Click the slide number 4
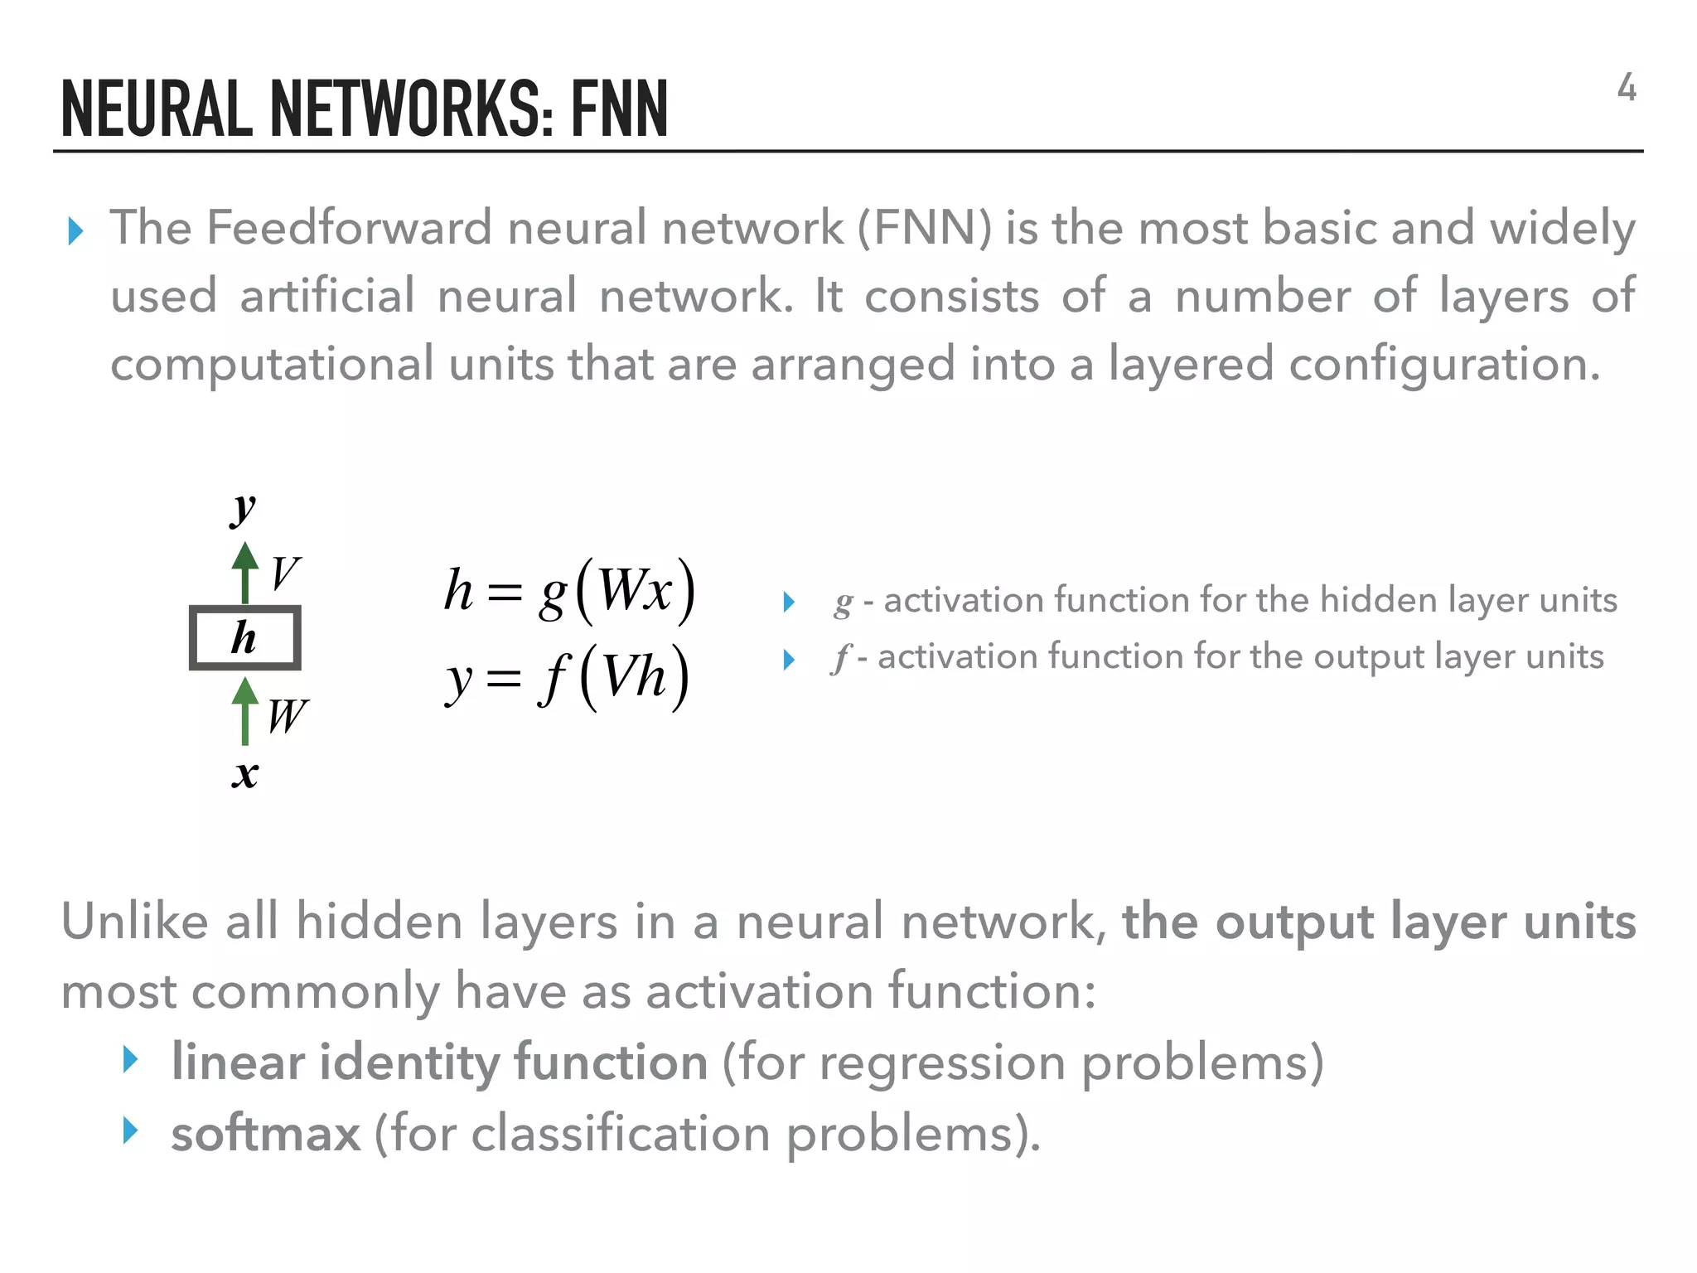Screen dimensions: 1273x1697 (x=1626, y=88)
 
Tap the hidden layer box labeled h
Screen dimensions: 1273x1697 (x=244, y=637)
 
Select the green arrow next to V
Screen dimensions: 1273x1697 (x=244, y=572)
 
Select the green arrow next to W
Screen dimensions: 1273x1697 (x=244, y=711)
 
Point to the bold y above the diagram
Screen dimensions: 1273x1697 (x=244, y=507)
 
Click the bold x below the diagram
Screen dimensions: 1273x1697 (x=244, y=775)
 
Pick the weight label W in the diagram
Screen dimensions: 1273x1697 (x=288, y=715)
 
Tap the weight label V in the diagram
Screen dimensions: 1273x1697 (x=285, y=573)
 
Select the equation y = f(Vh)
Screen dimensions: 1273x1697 (x=568, y=677)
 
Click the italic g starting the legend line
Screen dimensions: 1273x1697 (x=843, y=602)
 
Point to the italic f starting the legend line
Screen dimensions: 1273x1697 (x=841, y=658)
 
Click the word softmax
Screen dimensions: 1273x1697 (x=266, y=1133)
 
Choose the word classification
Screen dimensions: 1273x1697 (x=621, y=1133)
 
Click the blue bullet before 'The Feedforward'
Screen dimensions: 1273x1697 (x=75, y=231)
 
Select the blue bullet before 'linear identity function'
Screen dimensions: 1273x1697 (x=129, y=1059)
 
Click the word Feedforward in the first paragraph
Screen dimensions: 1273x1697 (x=349, y=228)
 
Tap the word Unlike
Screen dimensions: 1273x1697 (x=134, y=922)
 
